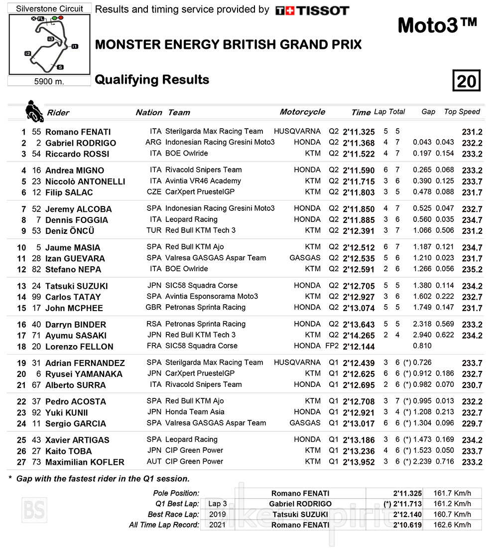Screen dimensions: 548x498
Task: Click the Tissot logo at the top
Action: pos(312,10)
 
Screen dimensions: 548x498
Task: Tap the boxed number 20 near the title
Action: pos(467,80)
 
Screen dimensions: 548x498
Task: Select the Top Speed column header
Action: pos(462,112)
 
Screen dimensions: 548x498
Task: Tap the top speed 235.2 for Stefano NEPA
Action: pos(472,270)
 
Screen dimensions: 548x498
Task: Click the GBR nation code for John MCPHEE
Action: pos(153,307)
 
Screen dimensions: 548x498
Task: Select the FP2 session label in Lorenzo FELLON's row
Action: pos(333,346)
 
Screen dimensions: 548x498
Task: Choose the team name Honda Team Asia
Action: pos(195,412)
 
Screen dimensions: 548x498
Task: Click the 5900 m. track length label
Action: pos(49,81)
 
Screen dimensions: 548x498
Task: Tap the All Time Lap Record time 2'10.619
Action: pos(407,525)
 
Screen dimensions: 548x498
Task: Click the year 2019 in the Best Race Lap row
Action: pos(217,514)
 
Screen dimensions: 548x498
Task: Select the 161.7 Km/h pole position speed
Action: pos(454,493)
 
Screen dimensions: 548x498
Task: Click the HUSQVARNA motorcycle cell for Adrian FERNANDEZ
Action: pos(297,363)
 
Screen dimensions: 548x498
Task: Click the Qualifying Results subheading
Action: pos(152,80)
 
